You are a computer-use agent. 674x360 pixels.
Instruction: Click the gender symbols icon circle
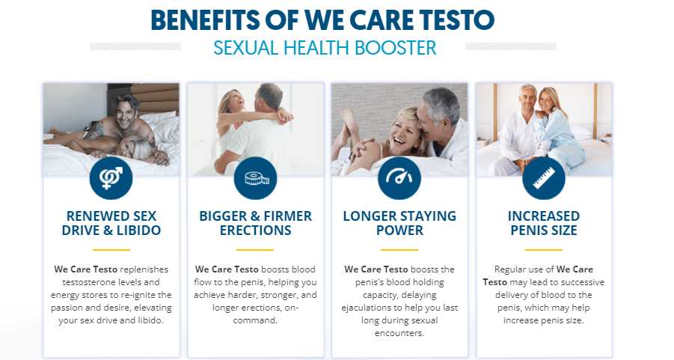tap(111, 178)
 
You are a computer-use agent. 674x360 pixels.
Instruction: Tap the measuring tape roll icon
tap(255, 178)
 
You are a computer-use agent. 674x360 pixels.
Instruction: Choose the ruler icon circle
tap(544, 178)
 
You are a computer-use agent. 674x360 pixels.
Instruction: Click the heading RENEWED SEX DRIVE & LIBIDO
tap(111, 223)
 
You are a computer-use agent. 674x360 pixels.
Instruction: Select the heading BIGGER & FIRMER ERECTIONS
tap(255, 223)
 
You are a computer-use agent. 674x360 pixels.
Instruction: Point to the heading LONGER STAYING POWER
tap(399, 223)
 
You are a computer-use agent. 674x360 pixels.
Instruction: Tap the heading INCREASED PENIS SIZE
tap(544, 223)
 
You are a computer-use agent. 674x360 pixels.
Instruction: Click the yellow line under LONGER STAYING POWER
tap(399, 249)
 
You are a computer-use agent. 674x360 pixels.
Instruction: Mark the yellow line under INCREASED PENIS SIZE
tap(544, 249)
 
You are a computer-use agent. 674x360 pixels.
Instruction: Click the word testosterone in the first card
tap(90, 282)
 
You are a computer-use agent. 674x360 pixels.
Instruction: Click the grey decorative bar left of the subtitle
tap(135, 46)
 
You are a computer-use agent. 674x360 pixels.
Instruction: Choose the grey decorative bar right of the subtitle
tap(511, 46)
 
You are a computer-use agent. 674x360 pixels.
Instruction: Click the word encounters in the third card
tap(399, 333)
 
